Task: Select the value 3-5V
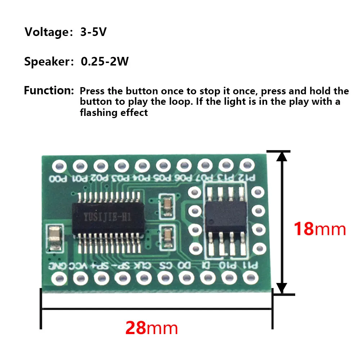[x=94, y=32]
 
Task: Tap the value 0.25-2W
[x=105, y=62]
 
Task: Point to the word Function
[x=49, y=90]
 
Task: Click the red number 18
[x=303, y=229]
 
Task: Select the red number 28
[x=136, y=328]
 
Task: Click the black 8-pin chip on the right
[x=226, y=216]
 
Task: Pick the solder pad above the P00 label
[x=59, y=166]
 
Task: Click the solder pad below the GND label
[x=59, y=278]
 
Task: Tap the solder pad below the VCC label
[x=81, y=278]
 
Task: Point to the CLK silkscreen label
[x=142, y=266]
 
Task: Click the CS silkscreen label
[x=164, y=266]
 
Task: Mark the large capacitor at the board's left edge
[x=54, y=238]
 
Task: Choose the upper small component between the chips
[x=167, y=205]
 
